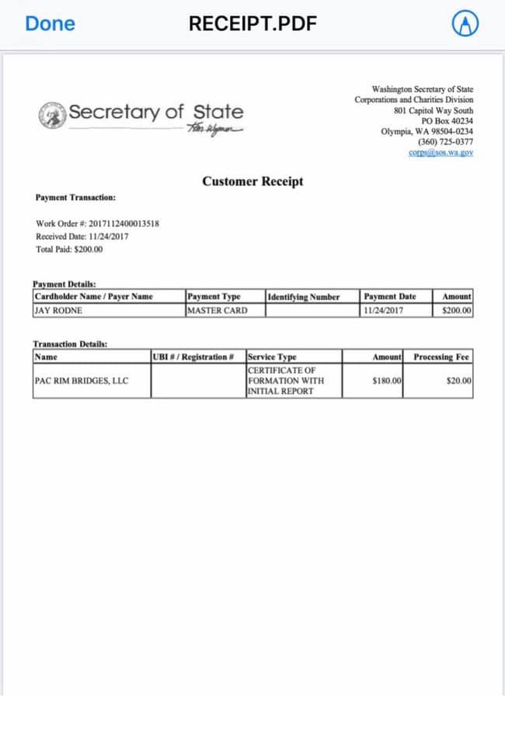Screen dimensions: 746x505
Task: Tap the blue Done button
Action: click(x=50, y=23)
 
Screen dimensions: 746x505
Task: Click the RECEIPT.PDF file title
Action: click(x=252, y=23)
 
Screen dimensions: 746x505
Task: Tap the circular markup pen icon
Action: click(x=464, y=25)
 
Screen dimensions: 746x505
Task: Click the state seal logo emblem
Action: click(x=52, y=113)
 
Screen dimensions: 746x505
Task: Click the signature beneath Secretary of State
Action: click(x=214, y=129)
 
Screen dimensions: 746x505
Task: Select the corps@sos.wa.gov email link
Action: click(x=441, y=152)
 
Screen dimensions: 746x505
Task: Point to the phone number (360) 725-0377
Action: click(x=445, y=142)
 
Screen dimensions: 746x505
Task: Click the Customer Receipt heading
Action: click(x=252, y=182)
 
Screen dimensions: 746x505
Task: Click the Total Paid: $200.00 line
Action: click(x=69, y=249)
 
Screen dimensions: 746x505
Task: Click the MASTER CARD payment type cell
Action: click(x=217, y=311)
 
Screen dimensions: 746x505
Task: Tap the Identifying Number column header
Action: click(x=303, y=297)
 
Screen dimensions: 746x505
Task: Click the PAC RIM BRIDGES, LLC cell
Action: click(x=82, y=381)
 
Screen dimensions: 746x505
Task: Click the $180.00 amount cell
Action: click(x=386, y=381)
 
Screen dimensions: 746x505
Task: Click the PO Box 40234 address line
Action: click(x=447, y=121)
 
